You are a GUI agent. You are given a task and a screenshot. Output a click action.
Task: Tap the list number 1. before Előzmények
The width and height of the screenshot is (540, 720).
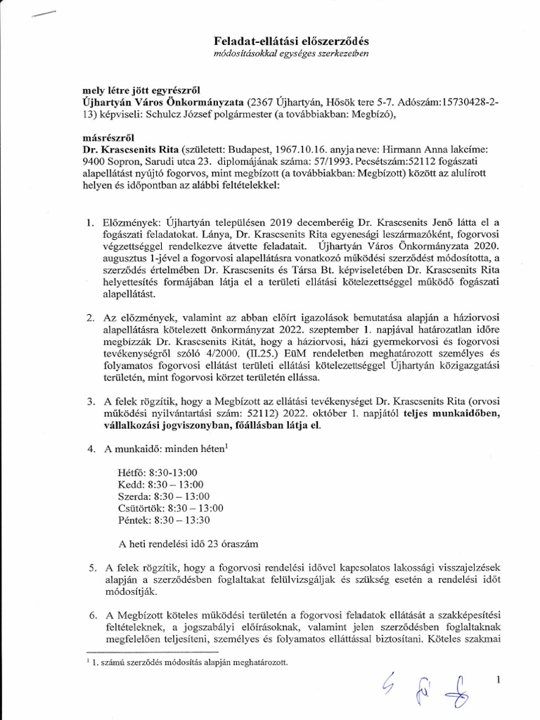pyautogui.click(x=90, y=223)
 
